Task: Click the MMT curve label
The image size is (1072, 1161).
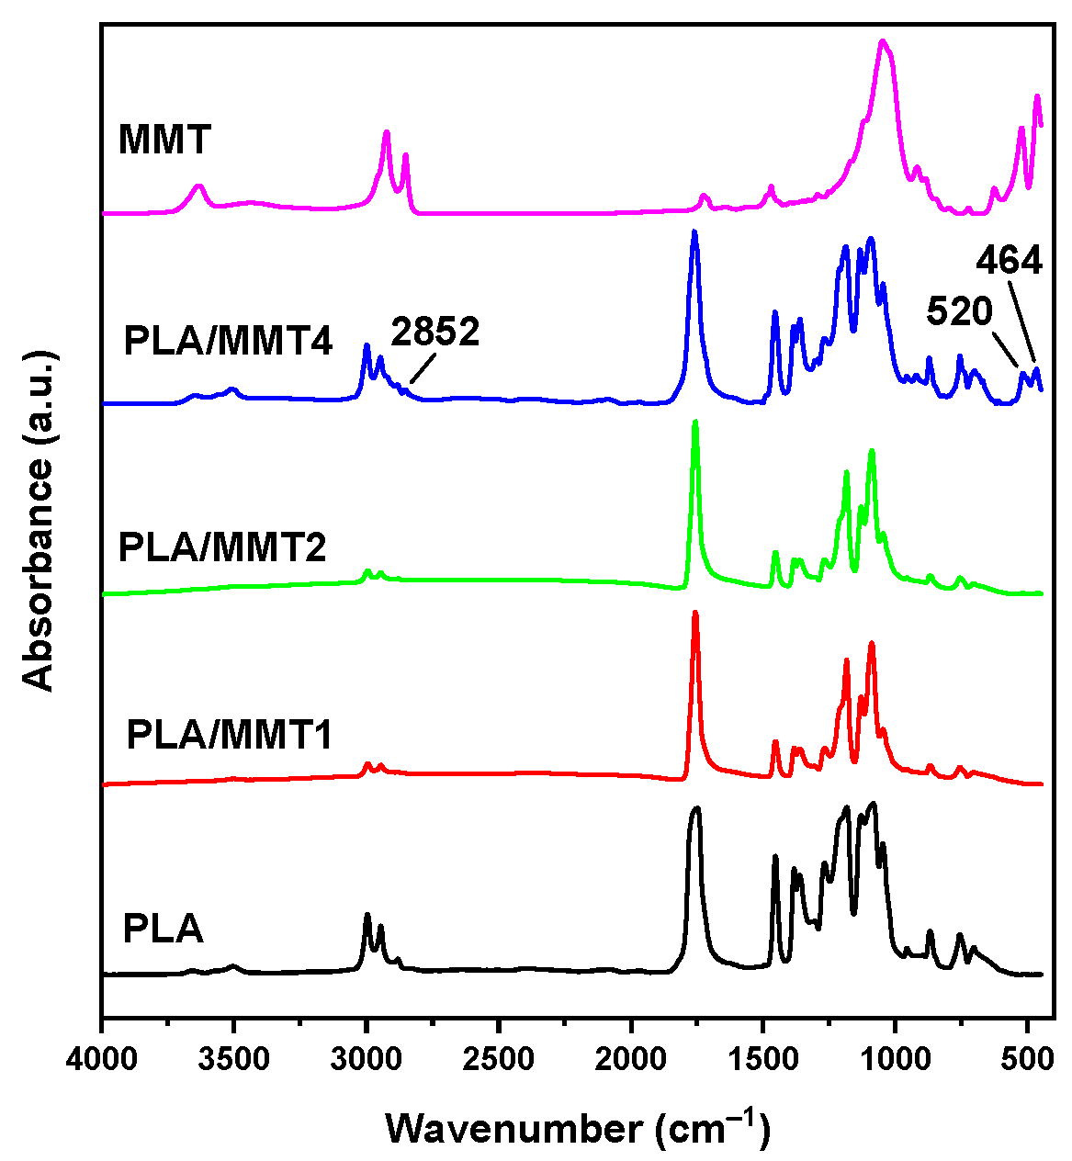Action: point(165,141)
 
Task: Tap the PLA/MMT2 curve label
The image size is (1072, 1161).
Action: point(222,548)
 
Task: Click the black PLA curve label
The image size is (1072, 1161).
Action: point(163,930)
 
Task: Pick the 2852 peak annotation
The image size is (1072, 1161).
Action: point(435,333)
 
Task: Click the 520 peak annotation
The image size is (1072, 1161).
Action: point(960,312)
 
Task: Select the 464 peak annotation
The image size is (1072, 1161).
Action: point(1009,262)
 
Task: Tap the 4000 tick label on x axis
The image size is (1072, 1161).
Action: point(103,1059)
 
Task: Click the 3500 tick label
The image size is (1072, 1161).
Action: point(235,1059)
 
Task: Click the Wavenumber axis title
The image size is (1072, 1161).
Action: point(577,1126)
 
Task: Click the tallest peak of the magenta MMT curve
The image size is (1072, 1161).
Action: point(883,41)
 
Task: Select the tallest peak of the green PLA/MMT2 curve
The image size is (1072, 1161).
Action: point(695,422)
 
